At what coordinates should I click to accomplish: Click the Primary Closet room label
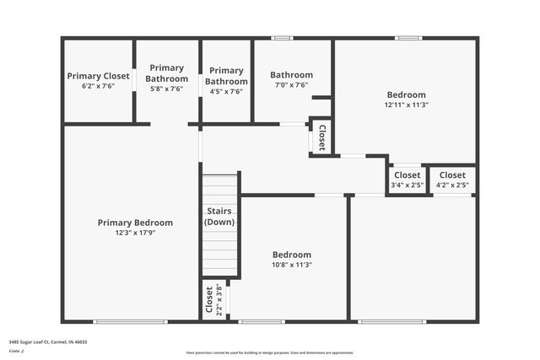click(x=98, y=76)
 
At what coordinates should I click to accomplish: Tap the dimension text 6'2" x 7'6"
click(x=98, y=86)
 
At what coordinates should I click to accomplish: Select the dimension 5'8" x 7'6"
click(x=166, y=89)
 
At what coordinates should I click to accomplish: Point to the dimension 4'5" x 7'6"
click(x=225, y=91)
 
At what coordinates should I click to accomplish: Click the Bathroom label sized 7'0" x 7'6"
click(x=291, y=75)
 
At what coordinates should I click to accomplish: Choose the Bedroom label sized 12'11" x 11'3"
click(x=406, y=94)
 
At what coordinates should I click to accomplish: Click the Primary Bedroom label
click(x=135, y=223)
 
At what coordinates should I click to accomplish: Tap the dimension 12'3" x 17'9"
click(x=135, y=233)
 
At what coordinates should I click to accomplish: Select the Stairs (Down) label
click(x=219, y=217)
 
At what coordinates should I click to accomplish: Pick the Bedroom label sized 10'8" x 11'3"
click(x=291, y=255)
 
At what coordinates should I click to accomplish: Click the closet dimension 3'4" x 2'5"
click(x=408, y=185)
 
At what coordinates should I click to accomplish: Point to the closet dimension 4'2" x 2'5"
click(x=452, y=185)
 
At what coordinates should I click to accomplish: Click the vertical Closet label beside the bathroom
click(x=321, y=137)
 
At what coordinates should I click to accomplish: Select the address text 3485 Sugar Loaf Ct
click(x=48, y=342)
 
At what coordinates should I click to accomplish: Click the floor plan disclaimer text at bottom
click(x=269, y=353)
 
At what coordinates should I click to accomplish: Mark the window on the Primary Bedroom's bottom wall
click(x=130, y=321)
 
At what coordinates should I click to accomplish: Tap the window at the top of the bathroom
click(x=282, y=37)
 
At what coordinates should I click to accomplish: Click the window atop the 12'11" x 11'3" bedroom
click(x=408, y=37)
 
